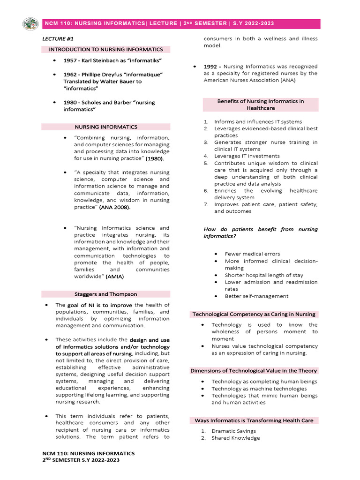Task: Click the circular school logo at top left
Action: pos(30,23)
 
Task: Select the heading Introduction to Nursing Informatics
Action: pos(106,49)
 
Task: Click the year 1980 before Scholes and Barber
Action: pos(71,102)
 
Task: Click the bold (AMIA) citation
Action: pos(115,277)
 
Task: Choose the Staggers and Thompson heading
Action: pos(106,294)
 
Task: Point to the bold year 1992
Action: pos(212,67)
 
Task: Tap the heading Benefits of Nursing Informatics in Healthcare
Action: pos(260,105)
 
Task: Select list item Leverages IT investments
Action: pos(247,156)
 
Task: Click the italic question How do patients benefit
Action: pos(260,232)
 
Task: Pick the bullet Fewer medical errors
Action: pos(252,254)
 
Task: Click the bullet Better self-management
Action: pos(256,296)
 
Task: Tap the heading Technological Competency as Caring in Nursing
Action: pos(254,314)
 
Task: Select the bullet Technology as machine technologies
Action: pos(259,389)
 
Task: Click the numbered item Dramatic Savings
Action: pos(233,431)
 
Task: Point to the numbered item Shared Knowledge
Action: pos(235,438)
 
